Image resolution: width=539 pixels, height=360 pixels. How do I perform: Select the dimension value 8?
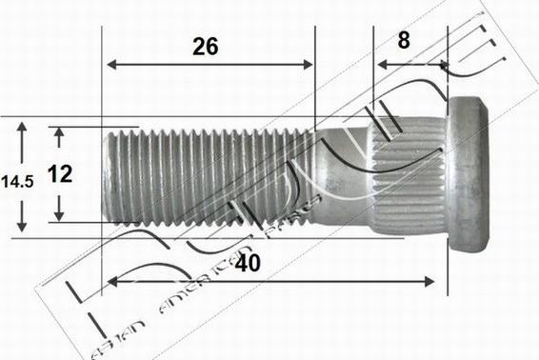point(404,40)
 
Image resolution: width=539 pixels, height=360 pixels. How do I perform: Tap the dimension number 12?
point(60,173)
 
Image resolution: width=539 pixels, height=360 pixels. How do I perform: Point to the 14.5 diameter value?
point(18,180)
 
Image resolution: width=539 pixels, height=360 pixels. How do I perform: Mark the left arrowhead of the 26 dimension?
point(110,65)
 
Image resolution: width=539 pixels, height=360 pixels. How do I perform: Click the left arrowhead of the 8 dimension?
point(380,66)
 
